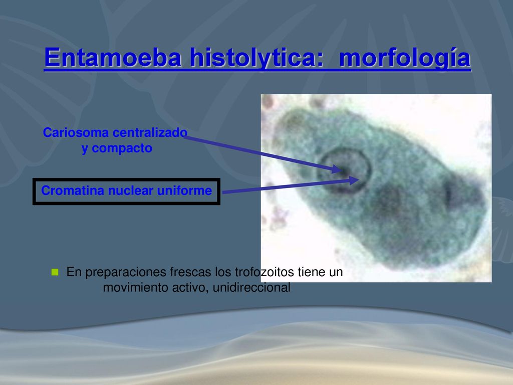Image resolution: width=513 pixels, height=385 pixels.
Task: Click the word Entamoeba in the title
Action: point(113,57)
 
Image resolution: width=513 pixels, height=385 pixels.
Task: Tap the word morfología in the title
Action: point(405,58)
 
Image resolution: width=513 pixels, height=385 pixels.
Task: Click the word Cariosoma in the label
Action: point(76,132)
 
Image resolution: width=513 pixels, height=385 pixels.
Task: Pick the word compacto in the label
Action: point(122,148)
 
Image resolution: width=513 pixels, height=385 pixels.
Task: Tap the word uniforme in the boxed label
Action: point(184,190)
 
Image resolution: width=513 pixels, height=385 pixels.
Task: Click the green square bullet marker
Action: point(55,272)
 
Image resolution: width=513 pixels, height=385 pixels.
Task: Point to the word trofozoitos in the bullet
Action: point(265,272)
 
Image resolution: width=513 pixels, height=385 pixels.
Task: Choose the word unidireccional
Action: point(251,287)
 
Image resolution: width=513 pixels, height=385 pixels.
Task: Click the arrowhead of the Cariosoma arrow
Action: point(337,169)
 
